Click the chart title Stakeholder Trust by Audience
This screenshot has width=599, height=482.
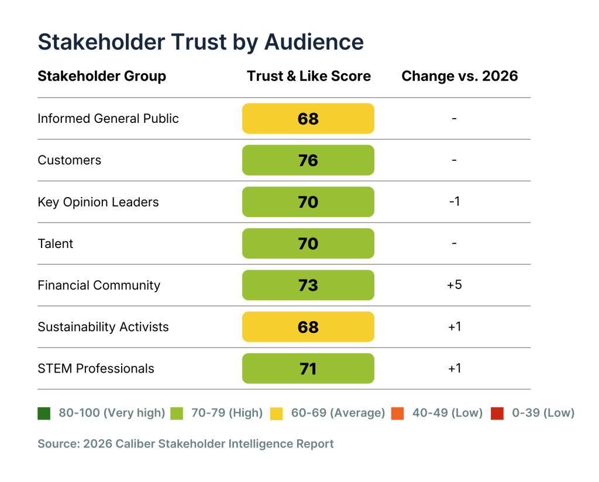tap(201, 42)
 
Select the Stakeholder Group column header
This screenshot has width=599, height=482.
tap(102, 76)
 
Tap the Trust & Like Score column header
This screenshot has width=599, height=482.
tap(308, 76)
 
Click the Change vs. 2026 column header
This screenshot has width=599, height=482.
tap(460, 76)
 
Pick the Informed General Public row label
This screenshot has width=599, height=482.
tap(108, 119)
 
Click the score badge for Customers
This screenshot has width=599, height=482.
tap(308, 160)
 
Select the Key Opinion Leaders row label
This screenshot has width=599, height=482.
tap(98, 202)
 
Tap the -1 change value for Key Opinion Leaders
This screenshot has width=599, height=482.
tap(455, 202)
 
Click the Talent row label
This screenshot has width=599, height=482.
tap(56, 244)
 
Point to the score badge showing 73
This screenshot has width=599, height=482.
tap(308, 285)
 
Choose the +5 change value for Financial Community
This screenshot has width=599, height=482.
tap(455, 285)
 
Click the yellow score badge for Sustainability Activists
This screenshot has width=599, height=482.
tap(308, 327)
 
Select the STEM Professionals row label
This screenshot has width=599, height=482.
tap(96, 369)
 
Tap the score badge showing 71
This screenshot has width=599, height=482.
tap(308, 369)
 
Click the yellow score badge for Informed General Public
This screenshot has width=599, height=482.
tap(308, 119)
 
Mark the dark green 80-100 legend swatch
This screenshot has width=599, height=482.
tap(44, 414)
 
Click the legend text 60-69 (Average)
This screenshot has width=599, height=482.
tap(338, 414)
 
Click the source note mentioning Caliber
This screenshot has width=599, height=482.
tap(185, 444)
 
